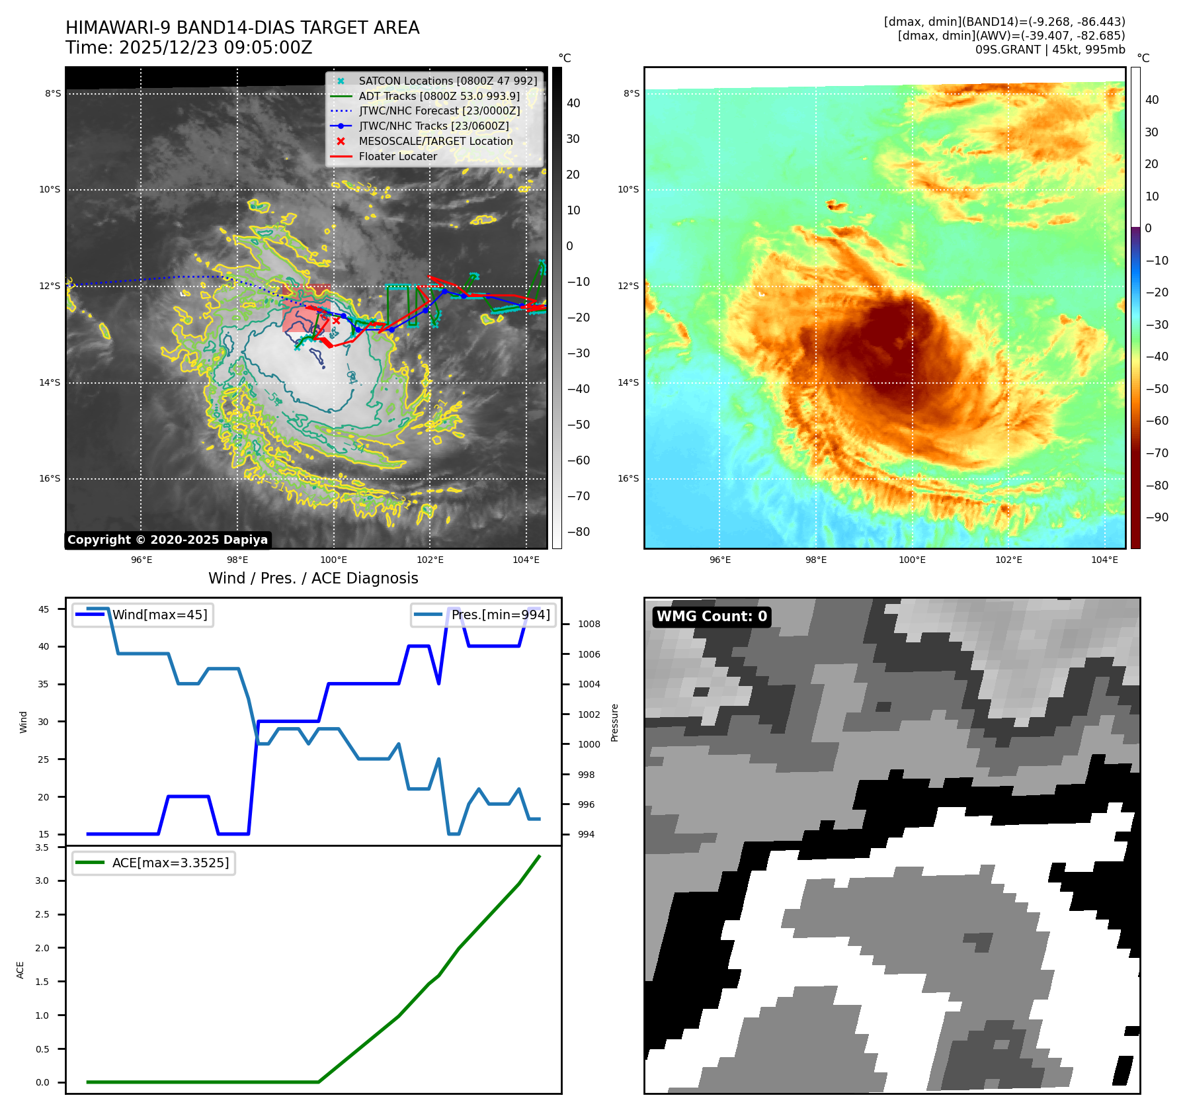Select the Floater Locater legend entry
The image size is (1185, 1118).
pyautogui.click(x=397, y=156)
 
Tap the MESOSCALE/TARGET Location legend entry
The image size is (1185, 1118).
pyautogui.click(x=435, y=141)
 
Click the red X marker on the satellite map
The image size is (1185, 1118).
pyautogui.click(x=336, y=320)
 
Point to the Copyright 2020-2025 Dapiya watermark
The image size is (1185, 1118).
pyautogui.click(x=167, y=540)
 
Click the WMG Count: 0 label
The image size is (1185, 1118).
pyautogui.click(x=712, y=617)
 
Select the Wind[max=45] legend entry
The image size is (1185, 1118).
pyautogui.click(x=159, y=615)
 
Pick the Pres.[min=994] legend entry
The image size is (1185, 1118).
pyautogui.click(x=501, y=615)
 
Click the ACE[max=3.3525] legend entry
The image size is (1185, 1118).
pyautogui.click(x=171, y=863)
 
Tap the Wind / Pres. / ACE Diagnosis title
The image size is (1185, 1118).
pyautogui.click(x=313, y=578)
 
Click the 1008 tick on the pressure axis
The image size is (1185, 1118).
pyautogui.click(x=589, y=624)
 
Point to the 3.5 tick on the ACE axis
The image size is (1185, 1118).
pyautogui.click(x=42, y=847)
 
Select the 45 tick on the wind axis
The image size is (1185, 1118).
pyautogui.click(x=44, y=609)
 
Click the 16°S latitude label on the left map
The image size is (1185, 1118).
pyautogui.click(x=50, y=478)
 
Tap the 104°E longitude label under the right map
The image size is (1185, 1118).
pyautogui.click(x=1104, y=560)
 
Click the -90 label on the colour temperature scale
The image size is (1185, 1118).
pyautogui.click(x=1157, y=517)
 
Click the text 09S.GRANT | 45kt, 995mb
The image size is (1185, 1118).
pyautogui.click(x=1049, y=50)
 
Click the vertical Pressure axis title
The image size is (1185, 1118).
pyautogui.click(x=615, y=722)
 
